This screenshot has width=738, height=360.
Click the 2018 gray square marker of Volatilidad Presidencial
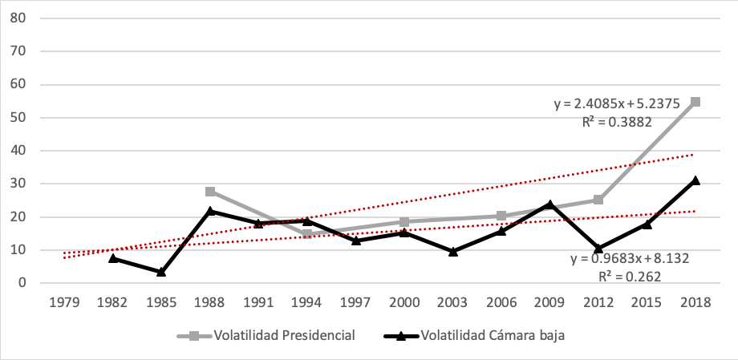695,102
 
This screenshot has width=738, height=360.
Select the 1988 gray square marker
210,192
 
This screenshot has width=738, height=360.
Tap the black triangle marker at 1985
161,272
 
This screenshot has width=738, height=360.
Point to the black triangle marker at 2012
598,249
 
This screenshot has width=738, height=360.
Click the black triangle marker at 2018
695,180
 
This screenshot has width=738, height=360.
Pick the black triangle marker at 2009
550,204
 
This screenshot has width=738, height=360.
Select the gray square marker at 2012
598,200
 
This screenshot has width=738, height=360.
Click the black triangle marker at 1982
113,258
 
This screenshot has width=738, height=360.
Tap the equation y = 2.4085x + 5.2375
616,103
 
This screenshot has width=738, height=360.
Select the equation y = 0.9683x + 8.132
618,259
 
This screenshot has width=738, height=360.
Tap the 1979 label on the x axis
64,303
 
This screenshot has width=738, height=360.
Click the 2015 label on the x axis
647,303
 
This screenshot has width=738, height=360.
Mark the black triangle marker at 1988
210,211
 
